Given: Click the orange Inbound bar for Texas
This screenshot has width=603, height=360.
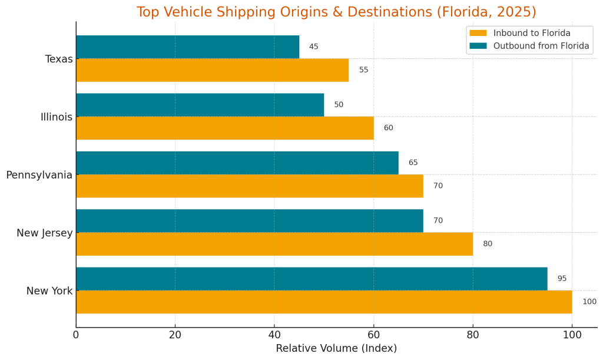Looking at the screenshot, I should (212, 70).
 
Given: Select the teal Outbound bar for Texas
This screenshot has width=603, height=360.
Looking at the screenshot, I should (187, 47).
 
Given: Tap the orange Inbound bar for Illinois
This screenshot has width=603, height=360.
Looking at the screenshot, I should (224, 128).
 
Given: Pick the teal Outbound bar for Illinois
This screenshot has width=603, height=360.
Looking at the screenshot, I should (200, 105).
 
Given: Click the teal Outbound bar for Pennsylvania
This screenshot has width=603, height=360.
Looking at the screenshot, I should (237, 163).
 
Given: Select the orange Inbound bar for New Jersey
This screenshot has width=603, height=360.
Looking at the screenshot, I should (274, 244).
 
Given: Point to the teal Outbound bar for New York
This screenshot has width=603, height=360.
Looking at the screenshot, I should (311, 279).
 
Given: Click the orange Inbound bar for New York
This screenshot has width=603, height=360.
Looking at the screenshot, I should (323, 302).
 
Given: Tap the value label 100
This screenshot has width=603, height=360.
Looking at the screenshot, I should (589, 302).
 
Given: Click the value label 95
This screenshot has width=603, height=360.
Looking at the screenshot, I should (562, 279).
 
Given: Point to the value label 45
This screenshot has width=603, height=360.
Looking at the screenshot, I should (313, 47).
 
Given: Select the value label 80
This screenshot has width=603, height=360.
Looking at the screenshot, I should (488, 244).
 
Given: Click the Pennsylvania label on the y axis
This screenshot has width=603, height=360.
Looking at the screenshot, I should (39, 175).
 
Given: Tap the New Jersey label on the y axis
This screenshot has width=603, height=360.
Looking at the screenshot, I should (45, 233).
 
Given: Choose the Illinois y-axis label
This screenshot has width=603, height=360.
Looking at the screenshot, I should (57, 117).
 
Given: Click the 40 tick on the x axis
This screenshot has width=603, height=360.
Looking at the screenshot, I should (274, 335).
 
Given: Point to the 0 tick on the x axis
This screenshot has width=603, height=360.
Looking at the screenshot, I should (76, 335).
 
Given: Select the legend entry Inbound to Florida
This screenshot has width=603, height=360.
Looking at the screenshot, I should (531, 33).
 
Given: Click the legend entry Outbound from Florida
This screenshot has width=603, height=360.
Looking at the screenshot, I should (541, 46).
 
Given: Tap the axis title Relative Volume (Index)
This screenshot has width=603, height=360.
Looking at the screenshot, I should (336, 348).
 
